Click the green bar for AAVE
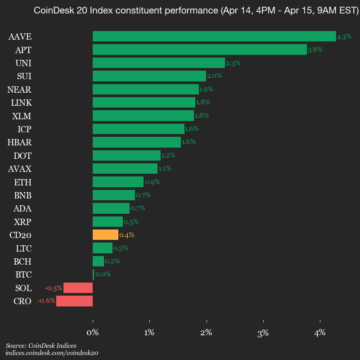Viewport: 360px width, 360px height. (214, 36)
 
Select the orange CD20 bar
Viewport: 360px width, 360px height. (105, 235)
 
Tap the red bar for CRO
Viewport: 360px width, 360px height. (74, 301)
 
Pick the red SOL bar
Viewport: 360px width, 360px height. (78, 288)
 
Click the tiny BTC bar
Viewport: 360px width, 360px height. (93, 274)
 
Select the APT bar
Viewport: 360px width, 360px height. (199, 49)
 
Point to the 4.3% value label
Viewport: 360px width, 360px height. (344, 36)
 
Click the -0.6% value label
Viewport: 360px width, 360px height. (46, 301)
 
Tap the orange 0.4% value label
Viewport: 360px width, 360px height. (127, 235)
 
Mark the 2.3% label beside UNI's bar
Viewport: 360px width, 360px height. (233, 63)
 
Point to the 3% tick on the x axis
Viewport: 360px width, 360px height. (263, 333)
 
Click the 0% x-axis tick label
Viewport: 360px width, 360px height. (93, 333)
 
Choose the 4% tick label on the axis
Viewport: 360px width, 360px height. (320, 333)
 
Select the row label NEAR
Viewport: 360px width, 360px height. (19, 90)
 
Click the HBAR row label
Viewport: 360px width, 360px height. (19, 143)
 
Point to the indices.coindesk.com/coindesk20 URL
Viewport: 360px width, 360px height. (52, 353)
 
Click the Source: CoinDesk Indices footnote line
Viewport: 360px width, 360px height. (41, 346)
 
